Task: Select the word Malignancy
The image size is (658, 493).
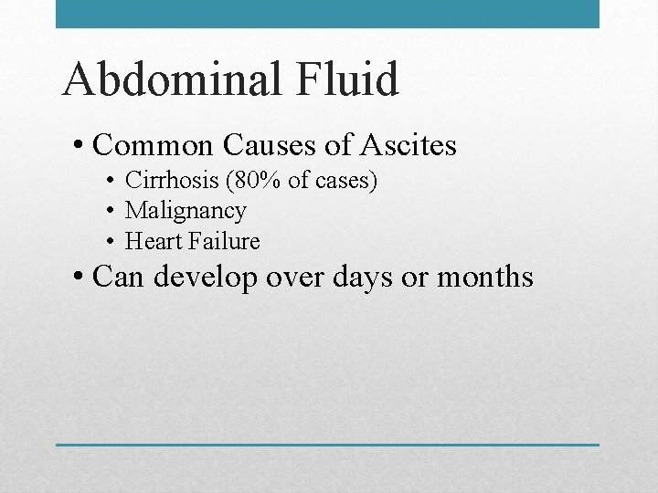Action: tap(186, 211)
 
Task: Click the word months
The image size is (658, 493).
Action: tap(484, 276)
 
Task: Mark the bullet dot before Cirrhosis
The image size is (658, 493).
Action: tap(109, 181)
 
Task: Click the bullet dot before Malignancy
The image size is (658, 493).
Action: tap(109, 211)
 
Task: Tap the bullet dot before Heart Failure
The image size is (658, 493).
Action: tap(109, 241)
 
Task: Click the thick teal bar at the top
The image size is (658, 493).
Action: tap(327, 14)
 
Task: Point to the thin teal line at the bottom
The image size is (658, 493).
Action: tap(327, 445)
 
